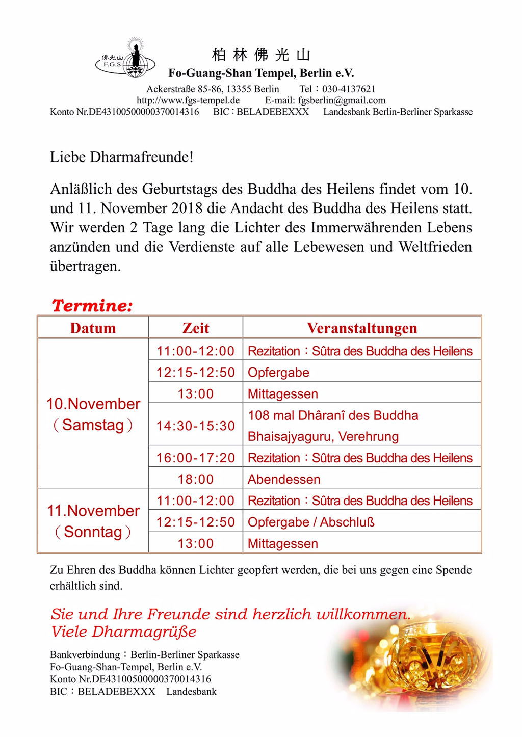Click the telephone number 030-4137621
[x=349, y=89]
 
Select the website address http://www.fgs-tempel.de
[x=188, y=100]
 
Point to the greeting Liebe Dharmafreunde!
[x=121, y=157]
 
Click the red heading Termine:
[x=92, y=306]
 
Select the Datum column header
[x=93, y=328]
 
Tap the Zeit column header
[x=196, y=328]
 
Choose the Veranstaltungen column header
[x=362, y=328]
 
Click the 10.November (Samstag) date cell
[x=93, y=414]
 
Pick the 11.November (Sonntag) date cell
[x=93, y=521]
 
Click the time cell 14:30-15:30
[x=196, y=426]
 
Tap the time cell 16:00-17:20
[x=196, y=458]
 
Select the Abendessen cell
[x=284, y=479]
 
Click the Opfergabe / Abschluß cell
[x=311, y=522]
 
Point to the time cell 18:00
[x=196, y=479]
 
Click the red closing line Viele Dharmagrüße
[x=124, y=632]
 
